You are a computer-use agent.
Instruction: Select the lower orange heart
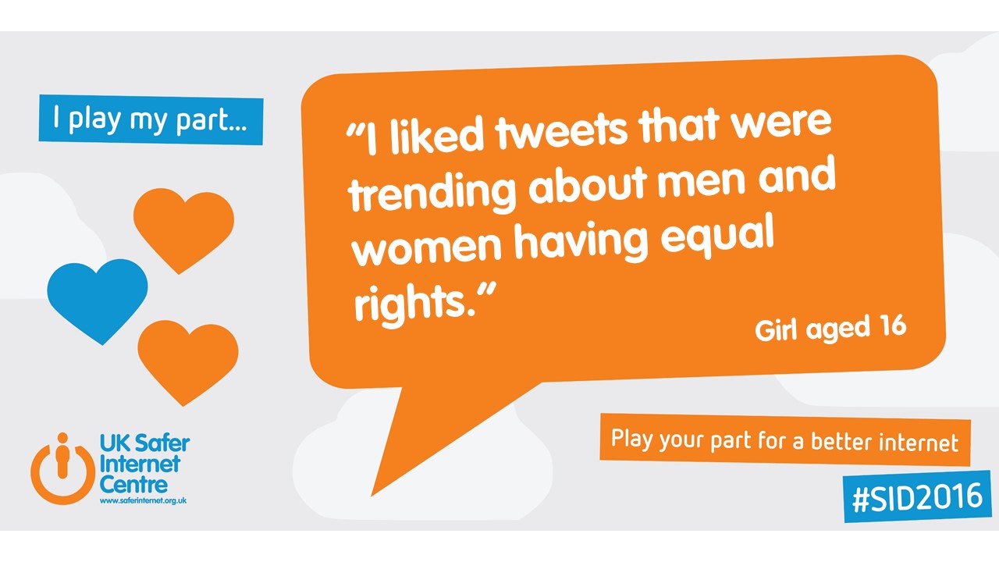[x=187, y=359]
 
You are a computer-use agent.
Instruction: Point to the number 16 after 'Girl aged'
[x=889, y=325]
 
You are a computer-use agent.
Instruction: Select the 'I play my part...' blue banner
[x=151, y=119]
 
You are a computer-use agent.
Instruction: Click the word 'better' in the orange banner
[x=843, y=442]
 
